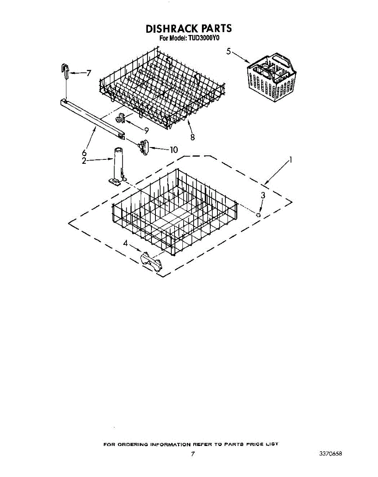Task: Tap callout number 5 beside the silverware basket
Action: pyautogui.click(x=229, y=51)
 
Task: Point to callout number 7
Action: pyautogui.click(x=88, y=73)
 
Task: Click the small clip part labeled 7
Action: pyautogui.click(x=66, y=70)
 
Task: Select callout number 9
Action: pyautogui.click(x=146, y=130)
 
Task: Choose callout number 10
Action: pyautogui.click(x=173, y=150)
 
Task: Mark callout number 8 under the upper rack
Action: pyautogui.click(x=192, y=137)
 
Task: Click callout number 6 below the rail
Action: pyautogui.click(x=84, y=152)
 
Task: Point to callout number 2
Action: pyautogui.click(x=84, y=161)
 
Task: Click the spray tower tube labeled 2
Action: pyautogui.click(x=117, y=165)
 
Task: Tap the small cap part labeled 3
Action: pyautogui.click(x=259, y=215)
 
